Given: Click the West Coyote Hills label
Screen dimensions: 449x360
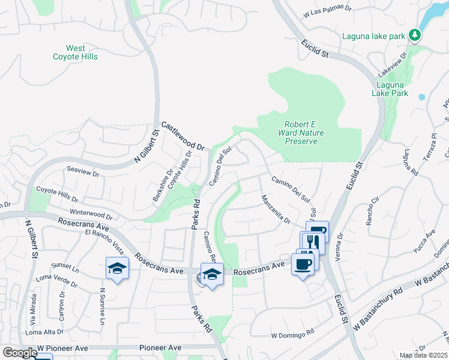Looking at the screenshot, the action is pyautogui.click(x=82, y=52).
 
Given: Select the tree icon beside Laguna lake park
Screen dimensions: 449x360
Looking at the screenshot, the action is pyautogui.click(x=414, y=35).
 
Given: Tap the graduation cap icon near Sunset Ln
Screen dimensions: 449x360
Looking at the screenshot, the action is pyautogui.click(x=118, y=269).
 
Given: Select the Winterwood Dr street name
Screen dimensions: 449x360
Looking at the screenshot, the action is pyautogui.click(x=91, y=214).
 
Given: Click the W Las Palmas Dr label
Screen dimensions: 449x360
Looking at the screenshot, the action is pyautogui.click(x=328, y=12).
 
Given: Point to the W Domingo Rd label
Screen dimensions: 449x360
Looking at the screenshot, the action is pyautogui.click(x=293, y=331).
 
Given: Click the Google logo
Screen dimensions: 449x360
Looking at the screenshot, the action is pyautogui.click(x=20, y=353).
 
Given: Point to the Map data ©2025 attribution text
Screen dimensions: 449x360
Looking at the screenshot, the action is pyautogui.click(x=423, y=355).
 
